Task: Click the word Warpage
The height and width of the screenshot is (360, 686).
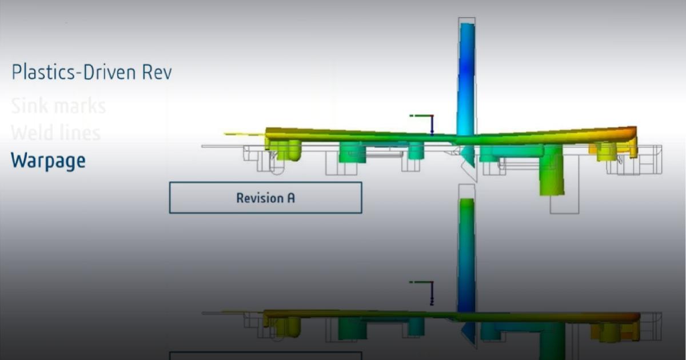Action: (48, 161)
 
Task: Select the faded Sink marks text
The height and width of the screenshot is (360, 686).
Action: (58, 106)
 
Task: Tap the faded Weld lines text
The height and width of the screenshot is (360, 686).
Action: (55, 133)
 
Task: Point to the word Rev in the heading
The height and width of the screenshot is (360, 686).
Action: (157, 73)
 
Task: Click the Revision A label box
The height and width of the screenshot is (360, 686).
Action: (265, 198)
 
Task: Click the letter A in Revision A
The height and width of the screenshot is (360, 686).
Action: (291, 198)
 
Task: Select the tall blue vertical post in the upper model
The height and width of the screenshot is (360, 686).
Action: (466, 74)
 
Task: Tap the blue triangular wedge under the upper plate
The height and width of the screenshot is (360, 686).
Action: (468, 155)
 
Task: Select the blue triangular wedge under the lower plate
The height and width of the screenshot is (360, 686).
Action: (468, 333)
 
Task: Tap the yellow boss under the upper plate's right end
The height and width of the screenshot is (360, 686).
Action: (606, 151)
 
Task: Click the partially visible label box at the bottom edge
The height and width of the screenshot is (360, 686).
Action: (265, 355)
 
